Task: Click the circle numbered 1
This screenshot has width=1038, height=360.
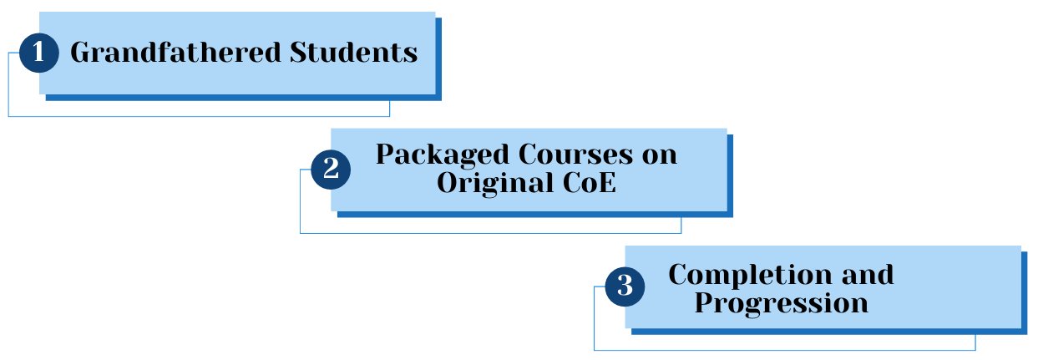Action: point(38,53)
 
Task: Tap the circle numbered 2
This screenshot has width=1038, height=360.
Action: point(330,170)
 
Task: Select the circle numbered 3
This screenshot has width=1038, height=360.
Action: point(624,286)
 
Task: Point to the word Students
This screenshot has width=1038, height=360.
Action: point(353,53)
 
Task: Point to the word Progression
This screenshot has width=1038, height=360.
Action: point(781,302)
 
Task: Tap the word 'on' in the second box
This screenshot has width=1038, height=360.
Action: point(660,155)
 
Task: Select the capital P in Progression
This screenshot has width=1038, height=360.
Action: point(703,302)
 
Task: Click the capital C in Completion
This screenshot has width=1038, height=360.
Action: point(679,275)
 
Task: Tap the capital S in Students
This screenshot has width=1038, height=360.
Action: point(298,53)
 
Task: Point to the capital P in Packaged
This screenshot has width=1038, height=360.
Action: point(385,155)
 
